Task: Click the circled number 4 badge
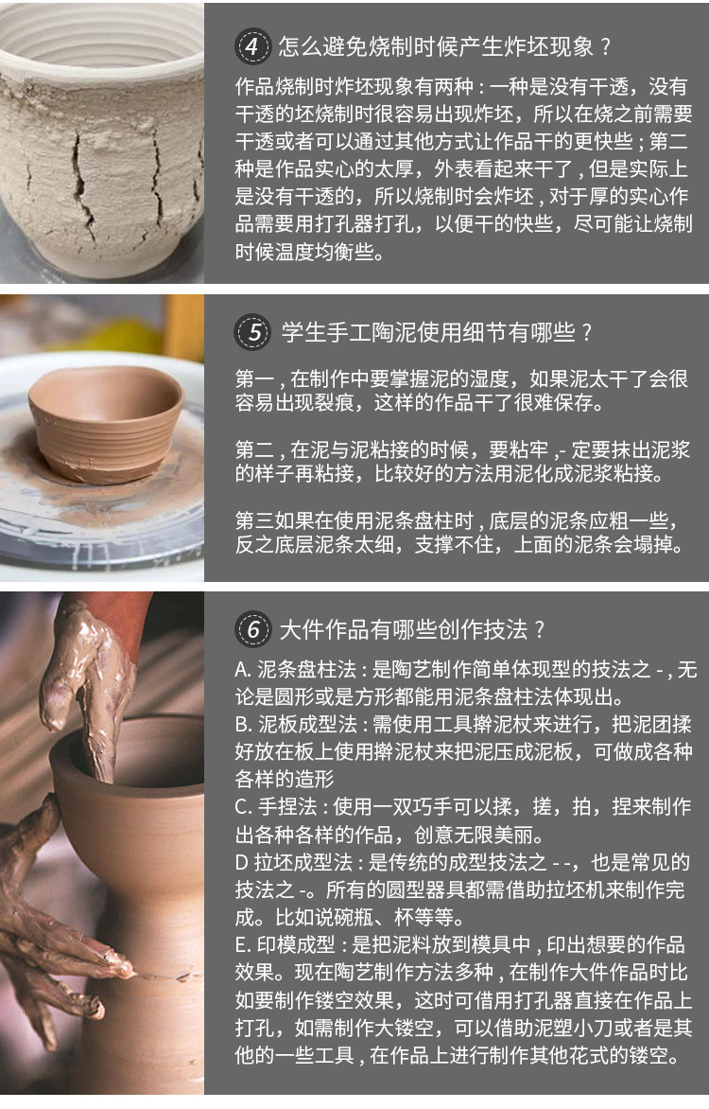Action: tap(252, 46)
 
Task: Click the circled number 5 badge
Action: tap(252, 332)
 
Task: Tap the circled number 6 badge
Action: tap(252, 628)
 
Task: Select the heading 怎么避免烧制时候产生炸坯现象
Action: tap(436, 46)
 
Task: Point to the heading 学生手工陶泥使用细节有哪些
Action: tap(428, 332)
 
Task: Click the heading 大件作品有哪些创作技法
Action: tap(404, 629)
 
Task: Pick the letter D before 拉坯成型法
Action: tap(241, 862)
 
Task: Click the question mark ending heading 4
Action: tap(605, 47)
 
